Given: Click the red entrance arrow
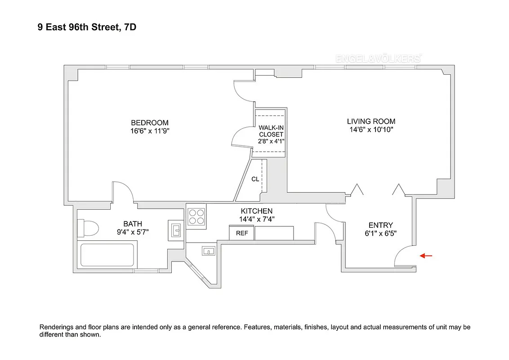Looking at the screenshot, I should [x=426, y=256].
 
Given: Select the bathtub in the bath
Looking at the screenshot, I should [x=107, y=256].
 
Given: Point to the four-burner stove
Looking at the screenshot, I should [x=196, y=216].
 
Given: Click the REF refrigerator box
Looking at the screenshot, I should [x=242, y=234].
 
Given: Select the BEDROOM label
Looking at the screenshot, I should [x=150, y=123].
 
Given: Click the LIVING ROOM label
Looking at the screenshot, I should [x=371, y=121].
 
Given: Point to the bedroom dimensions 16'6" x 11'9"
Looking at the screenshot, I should [x=150, y=131].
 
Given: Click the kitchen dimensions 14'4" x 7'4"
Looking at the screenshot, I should [x=257, y=219].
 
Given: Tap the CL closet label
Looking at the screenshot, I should [x=255, y=179].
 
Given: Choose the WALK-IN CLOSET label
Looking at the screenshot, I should [x=271, y=131].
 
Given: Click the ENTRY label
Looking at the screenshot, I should [x=380, y=225].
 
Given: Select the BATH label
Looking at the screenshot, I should [x=133, y=224].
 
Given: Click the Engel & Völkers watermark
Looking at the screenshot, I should [x=378, y=58].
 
